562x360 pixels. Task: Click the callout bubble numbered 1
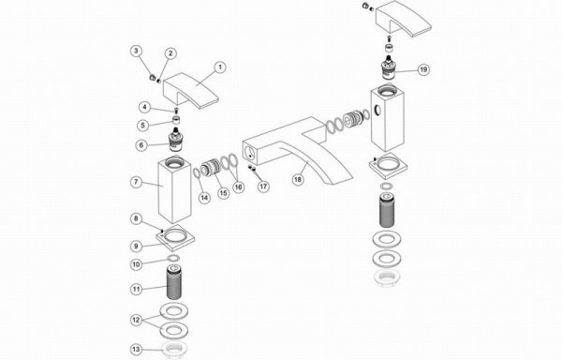coord(220,67)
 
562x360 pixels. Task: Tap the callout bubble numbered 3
coord(136,52)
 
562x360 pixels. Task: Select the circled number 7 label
coord(136,182)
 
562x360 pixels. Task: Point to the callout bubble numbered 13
coord(136,350)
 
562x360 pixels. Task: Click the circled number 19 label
coord(423,69)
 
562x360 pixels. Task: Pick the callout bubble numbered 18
coord(298,179)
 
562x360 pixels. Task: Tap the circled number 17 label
coord(263,187)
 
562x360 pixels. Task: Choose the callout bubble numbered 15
coord(223,193)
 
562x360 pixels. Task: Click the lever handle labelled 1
coord(190,90)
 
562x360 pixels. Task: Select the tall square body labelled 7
coord(174,190)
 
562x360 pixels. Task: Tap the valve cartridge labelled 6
coord(175,140)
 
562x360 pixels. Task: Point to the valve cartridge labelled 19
coord(389,68)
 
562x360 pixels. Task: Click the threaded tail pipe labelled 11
coord(174,282)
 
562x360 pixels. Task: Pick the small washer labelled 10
coord(174,258)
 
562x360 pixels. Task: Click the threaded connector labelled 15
coord(210,168)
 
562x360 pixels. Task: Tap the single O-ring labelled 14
coord(197,172)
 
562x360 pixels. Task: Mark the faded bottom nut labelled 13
coord(174,349)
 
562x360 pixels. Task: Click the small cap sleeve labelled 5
coord(176,120)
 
